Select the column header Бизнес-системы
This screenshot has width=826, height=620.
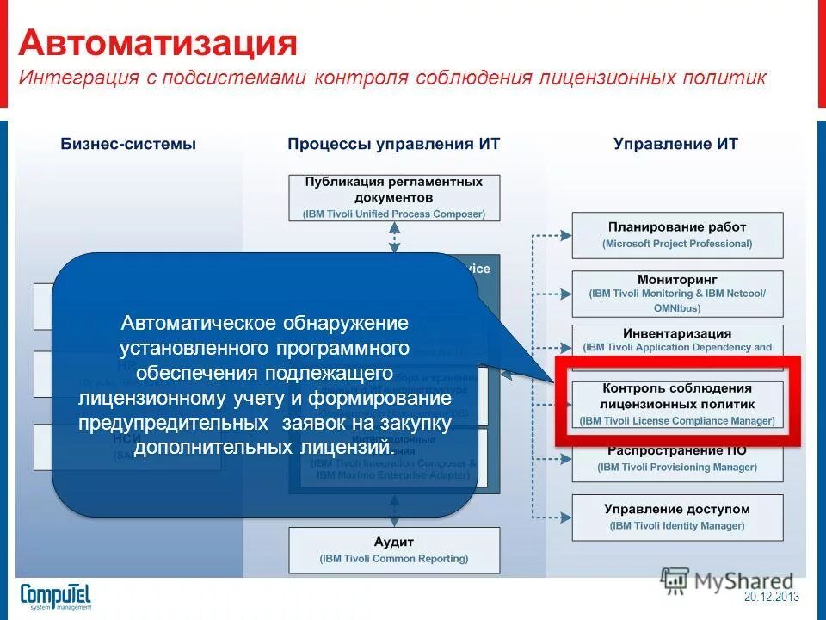128,144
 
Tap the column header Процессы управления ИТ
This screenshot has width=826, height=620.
393,144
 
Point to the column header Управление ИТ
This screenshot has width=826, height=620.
675,144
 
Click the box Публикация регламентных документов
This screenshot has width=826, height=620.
393,197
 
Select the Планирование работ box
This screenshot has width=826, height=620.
677,235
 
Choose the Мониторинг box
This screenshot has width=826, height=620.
677,293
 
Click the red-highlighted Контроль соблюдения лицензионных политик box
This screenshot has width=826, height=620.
677,404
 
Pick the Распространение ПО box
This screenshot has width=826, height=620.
677,458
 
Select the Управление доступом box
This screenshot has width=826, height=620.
677,517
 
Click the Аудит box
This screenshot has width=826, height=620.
393,549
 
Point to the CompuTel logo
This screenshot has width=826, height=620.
55,596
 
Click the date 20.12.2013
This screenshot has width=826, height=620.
772,597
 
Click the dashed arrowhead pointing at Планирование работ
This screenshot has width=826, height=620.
565,234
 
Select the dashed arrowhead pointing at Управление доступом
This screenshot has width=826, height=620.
565,517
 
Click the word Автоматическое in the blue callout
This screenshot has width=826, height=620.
194,324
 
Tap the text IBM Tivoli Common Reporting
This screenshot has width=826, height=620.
393,559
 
